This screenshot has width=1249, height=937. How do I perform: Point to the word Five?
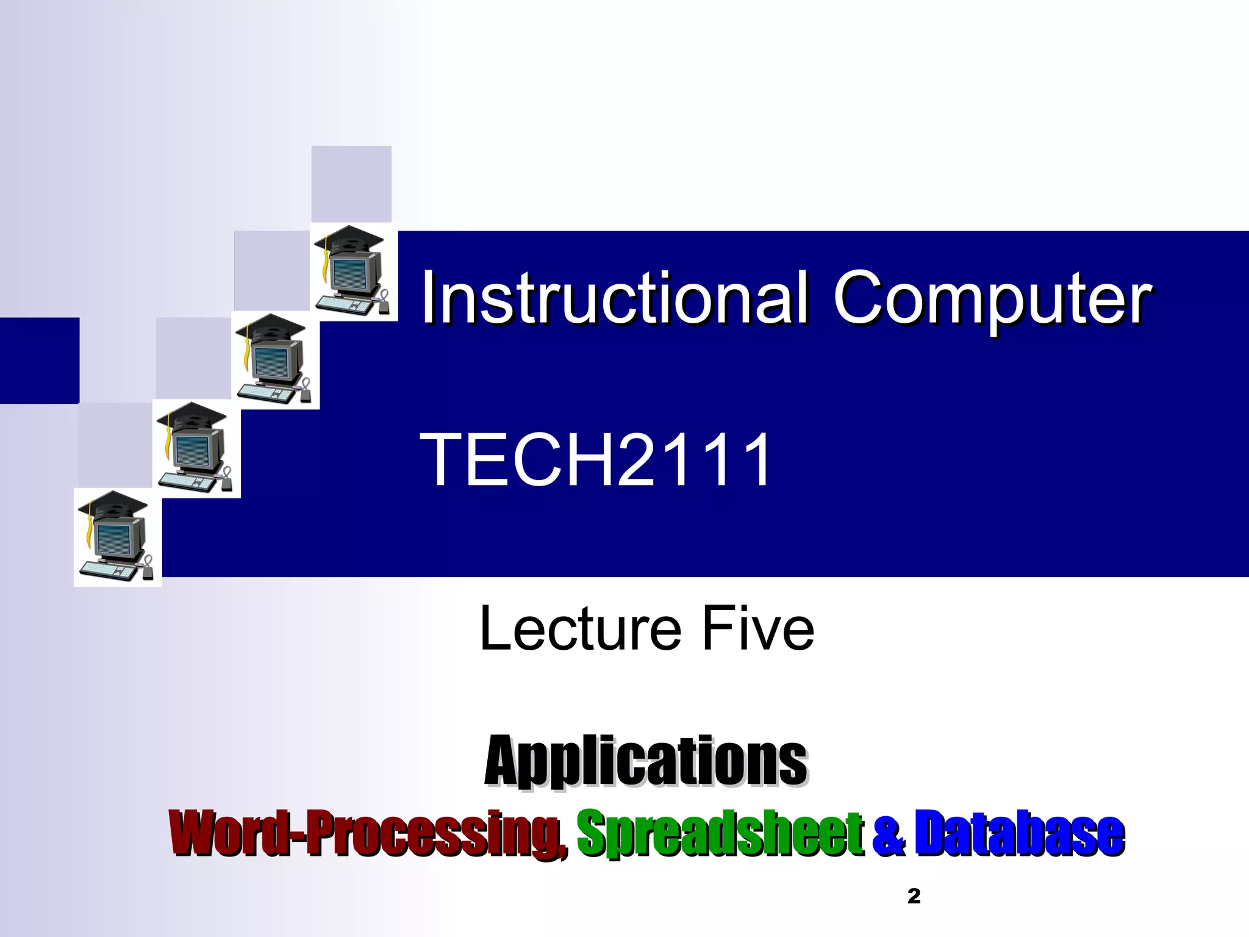(x=757, y=628)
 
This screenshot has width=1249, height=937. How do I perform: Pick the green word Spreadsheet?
(x=720, y=833)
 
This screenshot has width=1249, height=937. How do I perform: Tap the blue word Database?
(x=1019, y=833)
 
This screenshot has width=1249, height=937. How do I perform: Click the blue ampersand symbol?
(x=889, y=835)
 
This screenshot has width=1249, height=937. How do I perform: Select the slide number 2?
(x=914, y=896)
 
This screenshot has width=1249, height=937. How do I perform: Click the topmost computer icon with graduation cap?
(x=353, y=272)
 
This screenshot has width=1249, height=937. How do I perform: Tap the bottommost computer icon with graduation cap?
(x=117, y=537)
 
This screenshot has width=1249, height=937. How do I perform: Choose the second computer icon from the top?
(x=275, y=360)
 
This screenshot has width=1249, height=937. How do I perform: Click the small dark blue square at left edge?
(x=39, y=360)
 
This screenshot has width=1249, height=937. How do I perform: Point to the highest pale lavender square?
(x=351, y=184)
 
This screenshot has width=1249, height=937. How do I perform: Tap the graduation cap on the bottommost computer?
(x=113, y=504)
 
